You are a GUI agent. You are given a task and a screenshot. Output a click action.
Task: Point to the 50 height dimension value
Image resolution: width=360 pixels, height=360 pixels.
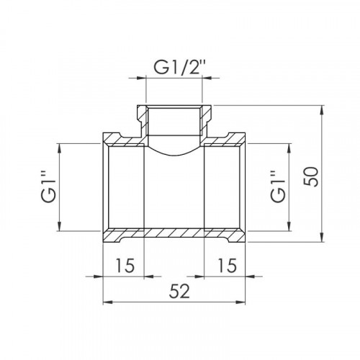[311, 176]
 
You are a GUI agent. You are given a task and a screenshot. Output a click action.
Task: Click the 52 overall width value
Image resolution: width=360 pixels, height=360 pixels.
[179, 291]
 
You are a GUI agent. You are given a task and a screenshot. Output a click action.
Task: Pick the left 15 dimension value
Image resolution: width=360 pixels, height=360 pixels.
[125, 266]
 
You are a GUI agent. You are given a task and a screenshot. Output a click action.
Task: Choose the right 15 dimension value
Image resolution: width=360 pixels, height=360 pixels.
[228, 266]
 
